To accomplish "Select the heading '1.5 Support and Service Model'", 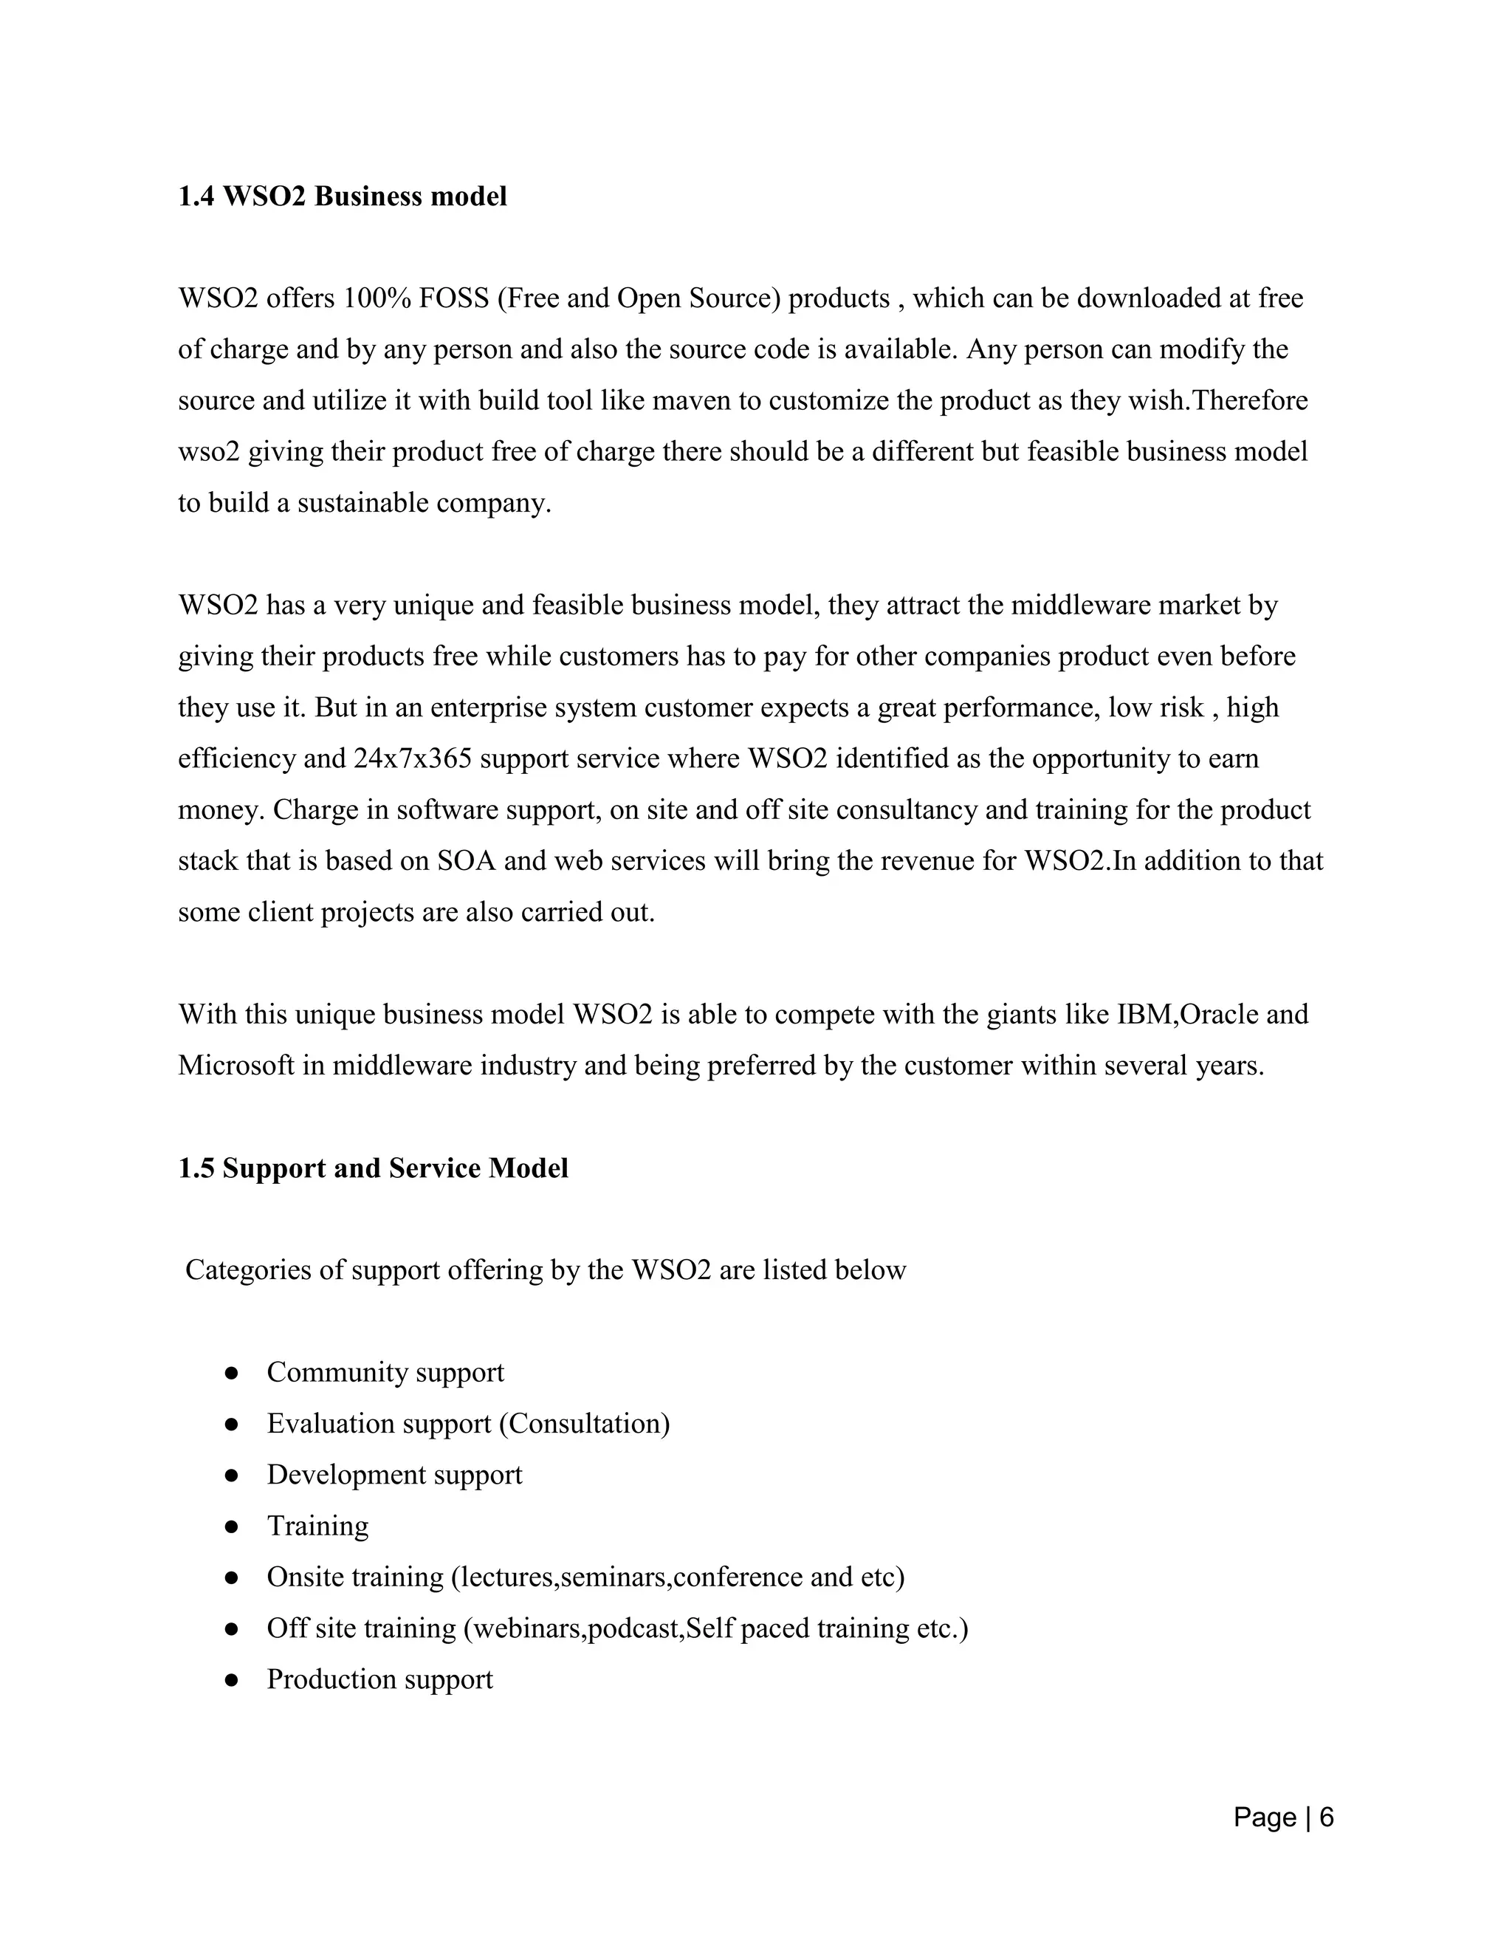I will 373,1168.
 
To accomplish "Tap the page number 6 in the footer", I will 1327,1817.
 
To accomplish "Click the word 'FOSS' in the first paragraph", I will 453,298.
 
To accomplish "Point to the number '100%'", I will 377,298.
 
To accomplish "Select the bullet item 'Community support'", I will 385,1372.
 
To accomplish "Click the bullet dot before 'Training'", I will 231,1527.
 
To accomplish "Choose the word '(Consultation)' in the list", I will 584,1424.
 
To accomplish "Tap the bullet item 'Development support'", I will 394,1475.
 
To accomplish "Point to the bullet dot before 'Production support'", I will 231,1680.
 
